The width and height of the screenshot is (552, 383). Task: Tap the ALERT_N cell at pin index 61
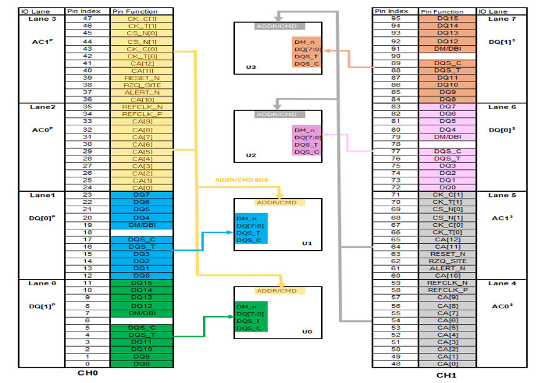pos(448,268)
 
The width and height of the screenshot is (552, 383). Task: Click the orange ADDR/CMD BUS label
pos(242,180)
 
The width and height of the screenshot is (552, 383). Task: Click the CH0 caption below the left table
pos(88,374)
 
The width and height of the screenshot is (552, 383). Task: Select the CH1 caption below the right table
pos(449,375)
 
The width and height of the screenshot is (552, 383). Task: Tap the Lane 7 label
pos(498,19)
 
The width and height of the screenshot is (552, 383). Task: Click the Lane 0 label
pos(42,283)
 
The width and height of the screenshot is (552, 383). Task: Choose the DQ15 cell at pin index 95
pos(448,19)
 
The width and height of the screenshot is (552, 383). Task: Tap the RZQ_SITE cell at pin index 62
pos(448,261)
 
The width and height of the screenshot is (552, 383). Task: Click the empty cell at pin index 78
pos(448,144)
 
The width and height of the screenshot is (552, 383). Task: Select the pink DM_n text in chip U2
pos(303,130)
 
